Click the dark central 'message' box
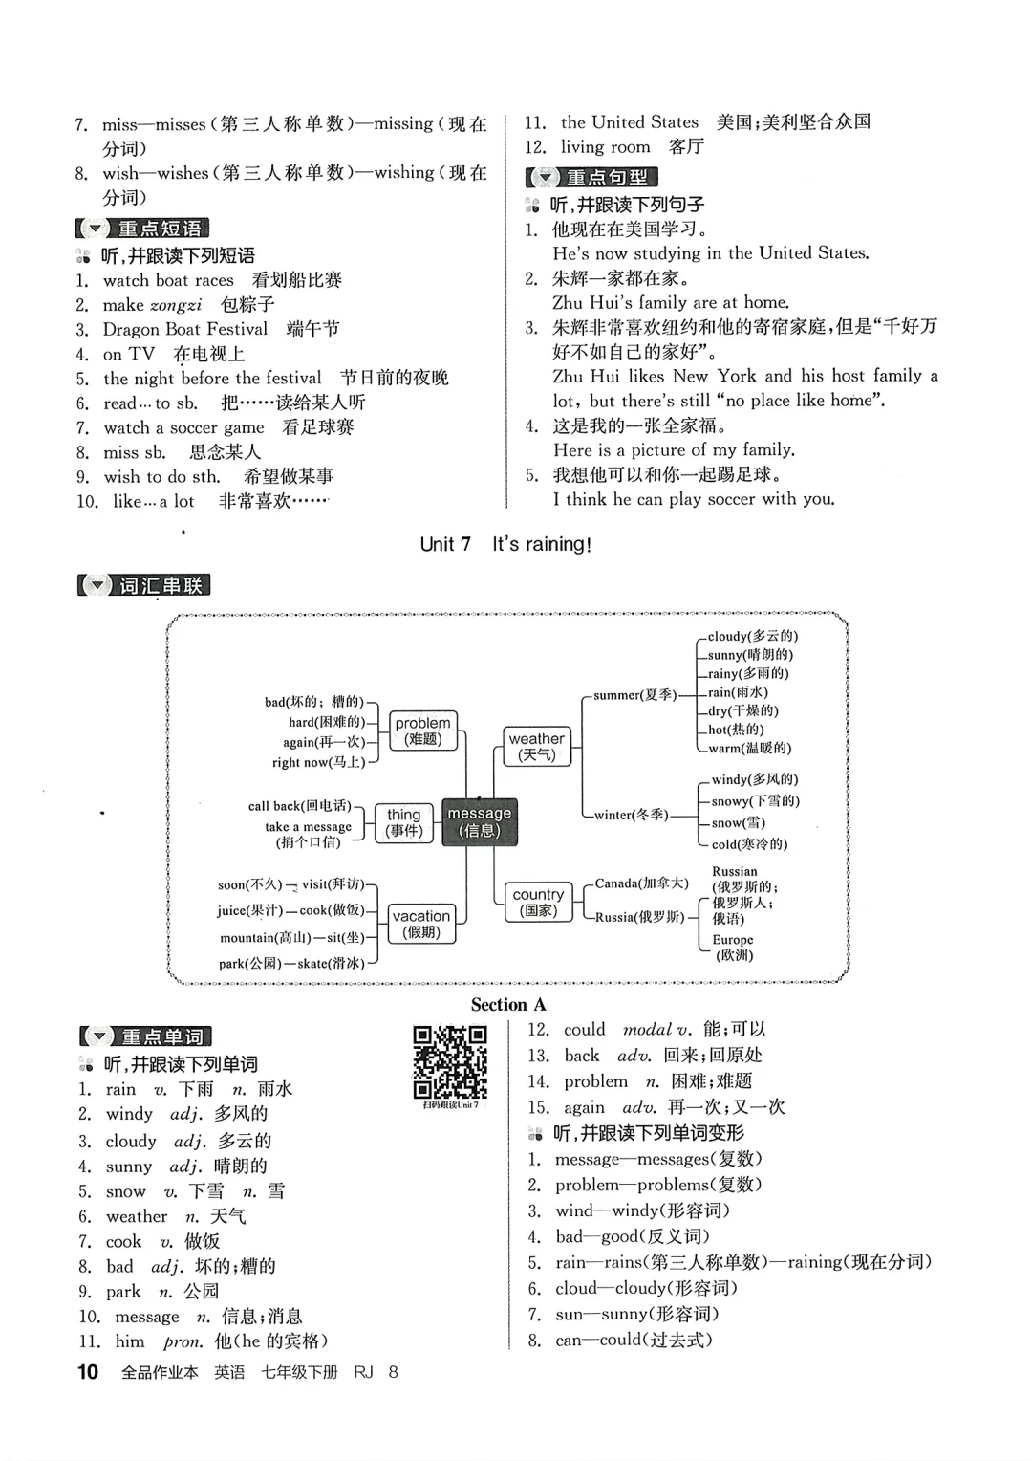(x=480, y=821)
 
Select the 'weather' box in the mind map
(x=536, y=746)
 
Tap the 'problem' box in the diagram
(x=422, y=730)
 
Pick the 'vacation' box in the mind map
(x=420, y=923)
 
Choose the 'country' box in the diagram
(x=538, y=902)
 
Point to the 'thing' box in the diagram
(x=403, y=822)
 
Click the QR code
(x=450, y=1061)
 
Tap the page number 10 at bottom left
(x=87, y=1372)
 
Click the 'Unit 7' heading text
(x=445, y=544)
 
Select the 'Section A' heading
(x=507, y=1004)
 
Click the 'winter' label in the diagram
(x=631, y=815)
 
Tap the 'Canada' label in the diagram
(x=641, y=883)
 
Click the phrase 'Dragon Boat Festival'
(x=185, y=329)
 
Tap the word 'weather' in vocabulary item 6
(x=137, y=1216)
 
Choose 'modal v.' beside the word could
(x=656, y=1030)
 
